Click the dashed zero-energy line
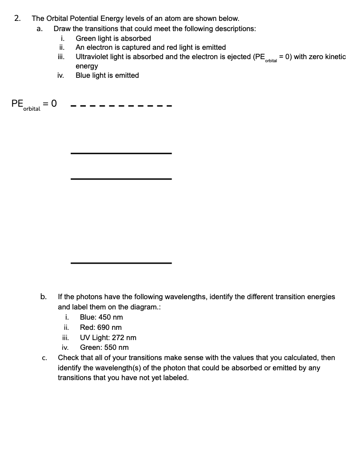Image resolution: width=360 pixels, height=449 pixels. coord(121,106)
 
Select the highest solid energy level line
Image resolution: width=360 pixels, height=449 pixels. coord(121,153)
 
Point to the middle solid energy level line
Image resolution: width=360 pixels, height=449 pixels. coord(121,179)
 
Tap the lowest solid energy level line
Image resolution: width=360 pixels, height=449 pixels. coord(121,263)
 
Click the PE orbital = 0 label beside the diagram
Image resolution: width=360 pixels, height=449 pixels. coord(34,105)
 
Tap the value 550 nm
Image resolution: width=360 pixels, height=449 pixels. coord(117,348)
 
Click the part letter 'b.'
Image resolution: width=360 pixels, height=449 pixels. coord(44,297)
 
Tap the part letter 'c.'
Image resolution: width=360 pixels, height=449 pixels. coord(44,358)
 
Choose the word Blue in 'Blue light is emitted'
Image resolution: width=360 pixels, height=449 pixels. coord(83,76)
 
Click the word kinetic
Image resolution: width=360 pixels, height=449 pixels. coord(334,57)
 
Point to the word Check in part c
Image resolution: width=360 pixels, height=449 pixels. coord(68,358)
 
